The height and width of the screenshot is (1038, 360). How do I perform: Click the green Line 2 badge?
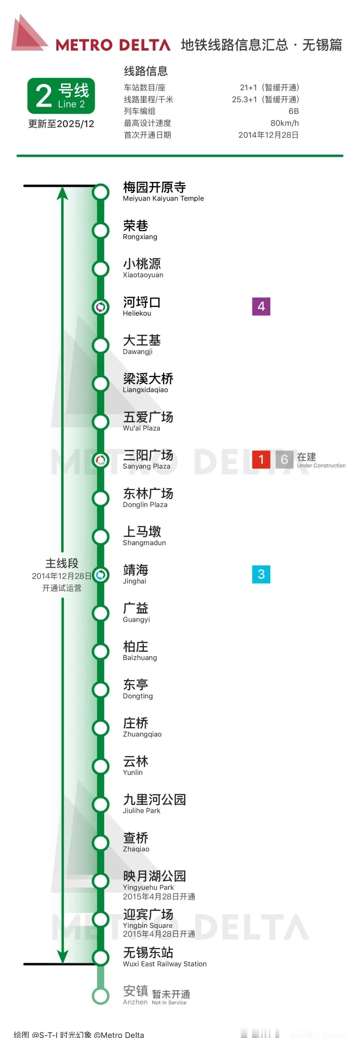tap(61, 96)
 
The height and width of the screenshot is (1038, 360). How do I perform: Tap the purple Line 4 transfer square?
tap(261, 306)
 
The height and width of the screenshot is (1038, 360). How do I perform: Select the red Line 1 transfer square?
tap(261, 459)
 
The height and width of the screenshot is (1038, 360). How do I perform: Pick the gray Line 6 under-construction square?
tap(284, 459)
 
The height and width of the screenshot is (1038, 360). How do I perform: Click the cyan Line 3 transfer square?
tap(261, 574)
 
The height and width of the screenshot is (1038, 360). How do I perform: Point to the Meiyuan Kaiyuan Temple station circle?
tap(100, 192)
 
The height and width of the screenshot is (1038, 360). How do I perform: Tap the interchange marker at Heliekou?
tap(100, 307)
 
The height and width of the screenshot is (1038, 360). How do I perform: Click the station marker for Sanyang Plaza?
tap(100, 460)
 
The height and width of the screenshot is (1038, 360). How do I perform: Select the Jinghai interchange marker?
tap(100, 574)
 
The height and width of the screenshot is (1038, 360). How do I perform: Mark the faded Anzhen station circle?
tap(100, 996)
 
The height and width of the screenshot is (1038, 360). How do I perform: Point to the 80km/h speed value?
tap(284, 123)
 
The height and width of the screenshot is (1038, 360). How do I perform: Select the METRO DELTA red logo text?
tap(113, 45)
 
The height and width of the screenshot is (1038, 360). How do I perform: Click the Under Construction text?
tap(321, 466)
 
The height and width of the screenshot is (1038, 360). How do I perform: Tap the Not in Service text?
tap(169, 1003)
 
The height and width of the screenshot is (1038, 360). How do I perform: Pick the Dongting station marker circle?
tap(100, 689)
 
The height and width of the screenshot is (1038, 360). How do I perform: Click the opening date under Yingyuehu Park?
tap(159, 896)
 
